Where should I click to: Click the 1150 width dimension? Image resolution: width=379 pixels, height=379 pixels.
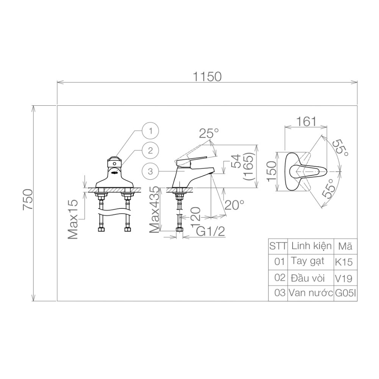[207, 77]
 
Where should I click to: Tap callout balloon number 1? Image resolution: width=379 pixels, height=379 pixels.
[151, 132]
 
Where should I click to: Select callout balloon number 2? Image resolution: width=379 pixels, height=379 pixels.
[151, 150]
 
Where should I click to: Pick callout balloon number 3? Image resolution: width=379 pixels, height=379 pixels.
[150, 171]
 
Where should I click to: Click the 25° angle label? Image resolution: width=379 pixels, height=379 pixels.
[209, 133]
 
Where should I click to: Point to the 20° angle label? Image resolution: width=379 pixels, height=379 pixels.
[234, 205]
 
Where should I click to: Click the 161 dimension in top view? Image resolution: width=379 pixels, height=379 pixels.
[306, 121]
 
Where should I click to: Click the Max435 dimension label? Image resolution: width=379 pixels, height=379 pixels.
[154, 210]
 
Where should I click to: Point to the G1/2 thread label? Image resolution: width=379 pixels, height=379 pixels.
[211, 231]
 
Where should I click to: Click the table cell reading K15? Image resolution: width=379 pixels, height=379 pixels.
[344, 262]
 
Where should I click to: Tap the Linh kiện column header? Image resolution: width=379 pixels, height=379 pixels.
[310, 246]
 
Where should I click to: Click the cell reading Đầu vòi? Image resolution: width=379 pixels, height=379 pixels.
[308, 278]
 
